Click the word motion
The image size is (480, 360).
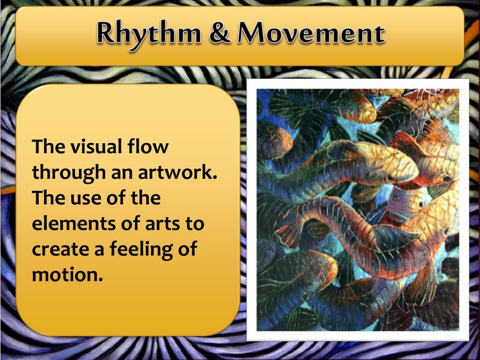(67, 274)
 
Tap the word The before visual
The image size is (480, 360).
(48, 147)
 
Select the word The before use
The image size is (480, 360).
(48, 198)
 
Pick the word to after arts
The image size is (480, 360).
(195, 223)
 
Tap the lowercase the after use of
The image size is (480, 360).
(145, 198)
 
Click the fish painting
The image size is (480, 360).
(358, 209)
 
